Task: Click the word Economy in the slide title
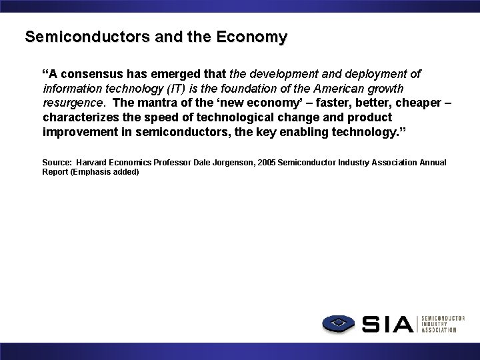tap(252, 37)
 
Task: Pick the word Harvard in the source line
tap(95, 163)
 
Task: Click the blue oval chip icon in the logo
tap(339, 324)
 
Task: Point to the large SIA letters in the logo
tap(388, 324)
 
